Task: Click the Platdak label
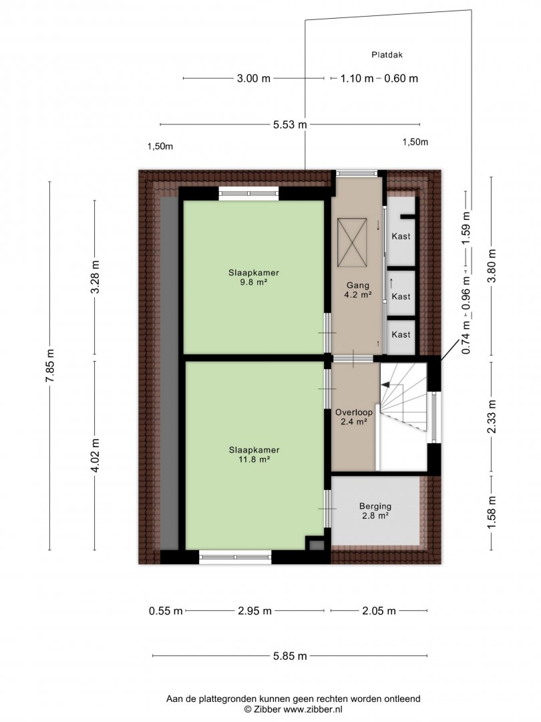pyautogui.click(x=387, y=55)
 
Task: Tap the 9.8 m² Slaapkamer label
pyautogui.click(x=254, y=277)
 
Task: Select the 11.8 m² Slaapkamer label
pyautogui.click(x=254, y=455)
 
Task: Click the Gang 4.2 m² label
pyautogui.click(x=358, y=290)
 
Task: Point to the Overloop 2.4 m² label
pyautogui.click(x=354, y=416)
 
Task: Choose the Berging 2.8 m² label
pyautogui.click(x=375, y=511)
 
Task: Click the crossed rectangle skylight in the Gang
pyautogui.click(x=352, y=243)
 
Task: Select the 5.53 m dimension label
pyautogui.click(x=290, y=124)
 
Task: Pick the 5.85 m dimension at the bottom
pyautogui.click(x=290, y=656)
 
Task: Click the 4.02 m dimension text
pyautogui.click(x=96, y=455)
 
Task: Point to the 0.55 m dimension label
pyautogui.click(x=166, y=611)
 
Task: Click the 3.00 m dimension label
pyautogui.click(x=254, y=78)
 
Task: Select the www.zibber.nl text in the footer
pyautogui.click(x=313, y=709)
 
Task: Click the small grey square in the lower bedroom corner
pyautogui.click(x=316, y=546)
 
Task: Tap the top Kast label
pyautogui.click(x=401, y=236)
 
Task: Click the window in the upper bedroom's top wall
pyautogui.click(x=248, y=193)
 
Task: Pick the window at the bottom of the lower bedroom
pyautogui.click(x=235, y=557)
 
